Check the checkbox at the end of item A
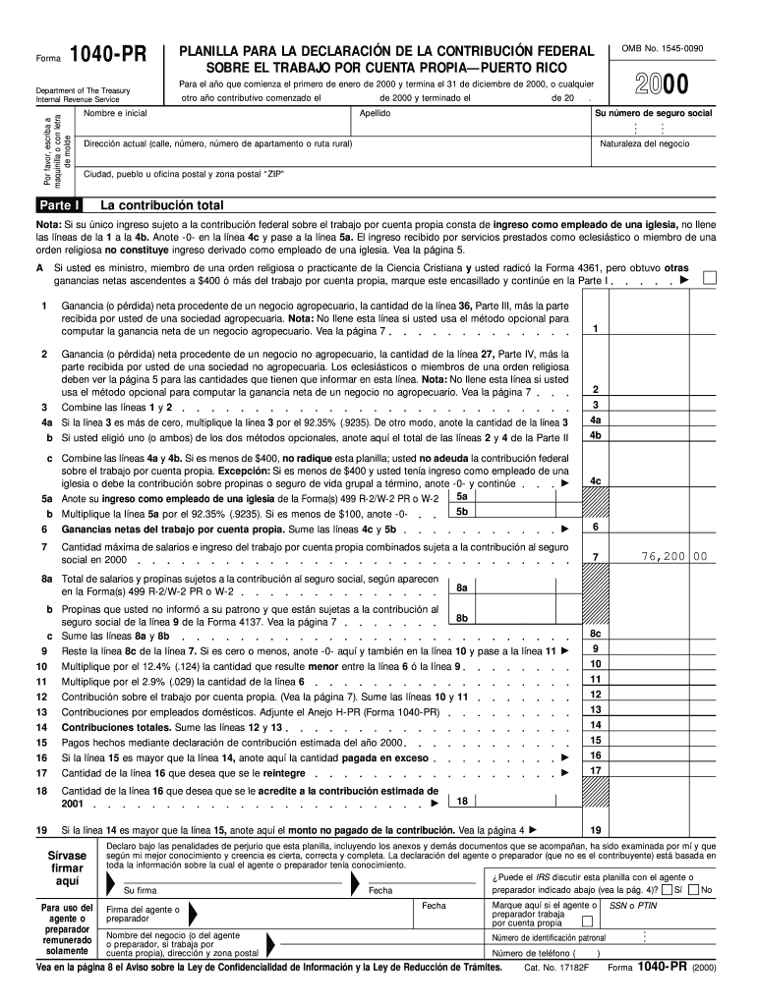point(710,278)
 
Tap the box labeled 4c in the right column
point(595,480)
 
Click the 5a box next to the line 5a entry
point(462,497)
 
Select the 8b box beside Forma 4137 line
point(462,618)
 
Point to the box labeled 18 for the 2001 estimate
point(461,800)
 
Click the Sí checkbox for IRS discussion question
point(668,890)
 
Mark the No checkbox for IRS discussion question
point(695,890)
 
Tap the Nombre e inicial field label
point(115,114)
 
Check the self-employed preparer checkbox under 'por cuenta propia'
point(587,922)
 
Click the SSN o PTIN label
point(633,905)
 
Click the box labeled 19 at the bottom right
point(595,830)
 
